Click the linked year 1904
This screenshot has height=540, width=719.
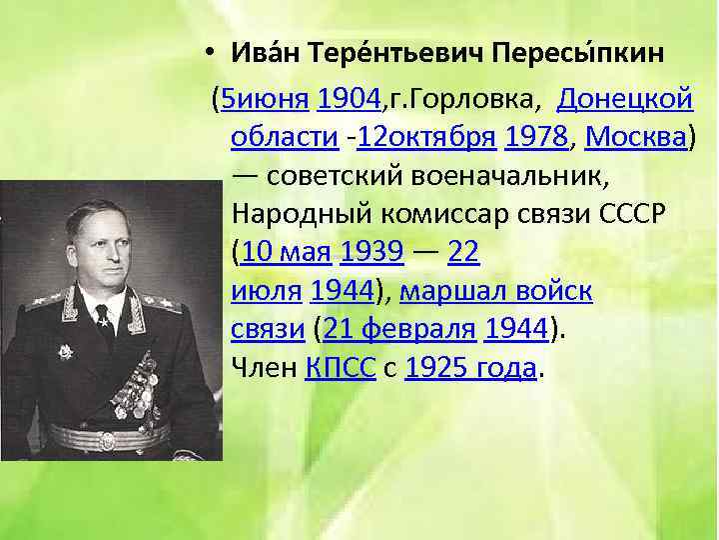[349, 99]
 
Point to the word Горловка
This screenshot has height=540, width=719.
[468, 99]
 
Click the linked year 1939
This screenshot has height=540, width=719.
[371, 253]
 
